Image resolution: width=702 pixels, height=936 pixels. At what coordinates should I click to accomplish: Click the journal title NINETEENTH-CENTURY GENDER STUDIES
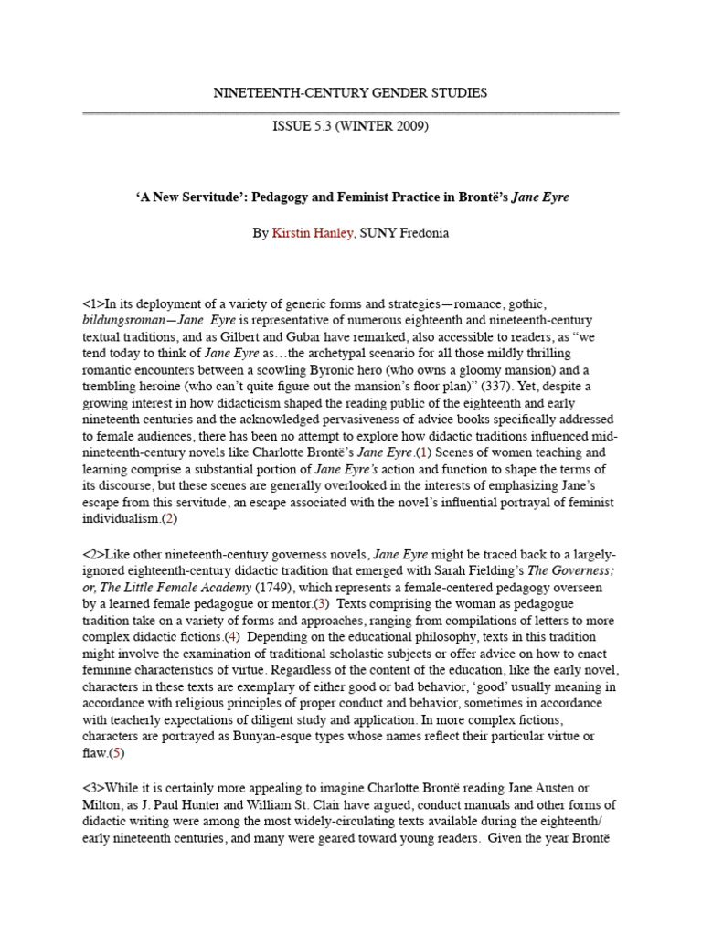point(350,92)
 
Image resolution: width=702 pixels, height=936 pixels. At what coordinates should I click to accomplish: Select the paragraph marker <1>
point(94,303)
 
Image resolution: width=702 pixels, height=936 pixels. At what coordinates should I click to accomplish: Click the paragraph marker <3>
point(94,788)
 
